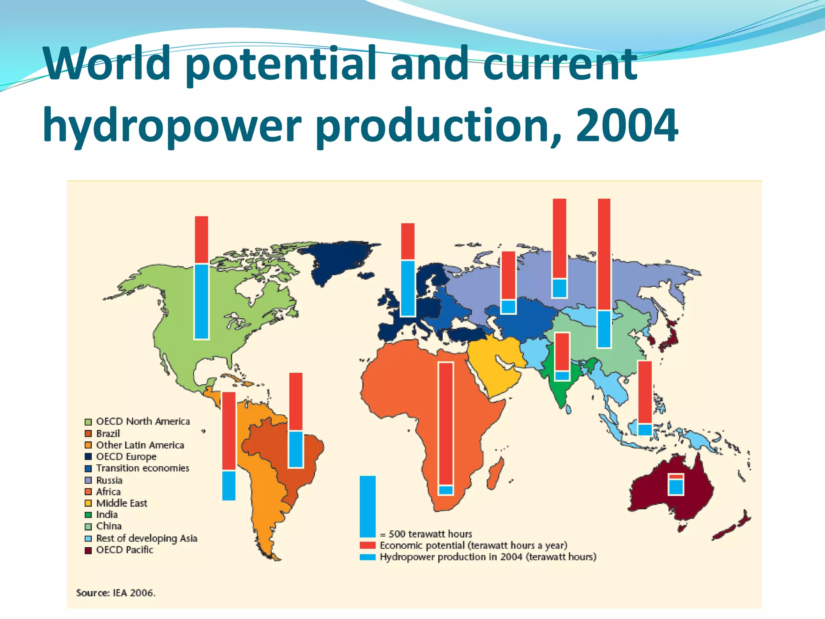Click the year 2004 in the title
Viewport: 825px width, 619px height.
(x=627, y=126)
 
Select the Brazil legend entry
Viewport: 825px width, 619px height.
(x=108, y=434)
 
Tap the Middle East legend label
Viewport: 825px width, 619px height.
(x=122, y=503)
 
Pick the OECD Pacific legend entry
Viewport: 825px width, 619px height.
(x=124, y=550)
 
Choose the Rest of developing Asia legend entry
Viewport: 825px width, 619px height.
(x=146, y=538)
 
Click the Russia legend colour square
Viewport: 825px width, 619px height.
(x=88, y=480)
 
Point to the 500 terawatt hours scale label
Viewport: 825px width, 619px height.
(x=430, y=534)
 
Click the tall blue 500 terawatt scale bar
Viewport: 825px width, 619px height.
(x=367, y=506)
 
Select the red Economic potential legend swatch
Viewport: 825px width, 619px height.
(x=367, y=546)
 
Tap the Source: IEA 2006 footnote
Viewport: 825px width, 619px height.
(x=116, y=593)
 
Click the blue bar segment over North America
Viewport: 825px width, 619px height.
(x=201, y=301)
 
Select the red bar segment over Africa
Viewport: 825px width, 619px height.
(x=446, y=423)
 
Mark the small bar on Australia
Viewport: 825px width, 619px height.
(x=676, y=484)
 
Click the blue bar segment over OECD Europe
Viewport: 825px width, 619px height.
(x=408, y=288)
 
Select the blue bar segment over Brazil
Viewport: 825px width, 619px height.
(x=296, y=449)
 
